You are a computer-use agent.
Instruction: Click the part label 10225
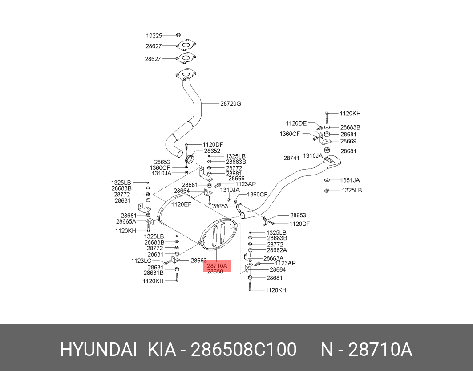[154, 35]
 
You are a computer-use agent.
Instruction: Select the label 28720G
[230, 104]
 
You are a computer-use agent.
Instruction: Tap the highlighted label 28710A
[218, 266]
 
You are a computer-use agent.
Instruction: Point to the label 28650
[215, 272]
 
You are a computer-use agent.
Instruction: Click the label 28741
[291, 158]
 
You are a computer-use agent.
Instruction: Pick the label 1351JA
[350, 180]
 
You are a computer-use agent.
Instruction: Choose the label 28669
[348, 142]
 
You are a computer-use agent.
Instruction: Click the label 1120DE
[296, 123]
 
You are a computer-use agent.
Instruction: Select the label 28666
[236, 179]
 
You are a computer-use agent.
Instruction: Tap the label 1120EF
[181, 204]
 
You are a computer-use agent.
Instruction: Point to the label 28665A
[126, 221]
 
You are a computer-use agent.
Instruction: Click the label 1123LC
[141, 261]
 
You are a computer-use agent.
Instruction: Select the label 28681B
[153, 273]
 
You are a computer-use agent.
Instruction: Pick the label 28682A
[277, 250]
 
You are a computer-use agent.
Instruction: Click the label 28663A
[273, 258]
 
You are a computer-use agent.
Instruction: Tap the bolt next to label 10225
[178, 35]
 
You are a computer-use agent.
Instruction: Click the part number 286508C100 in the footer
[243, 350]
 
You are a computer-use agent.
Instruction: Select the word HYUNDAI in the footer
[98, 350]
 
